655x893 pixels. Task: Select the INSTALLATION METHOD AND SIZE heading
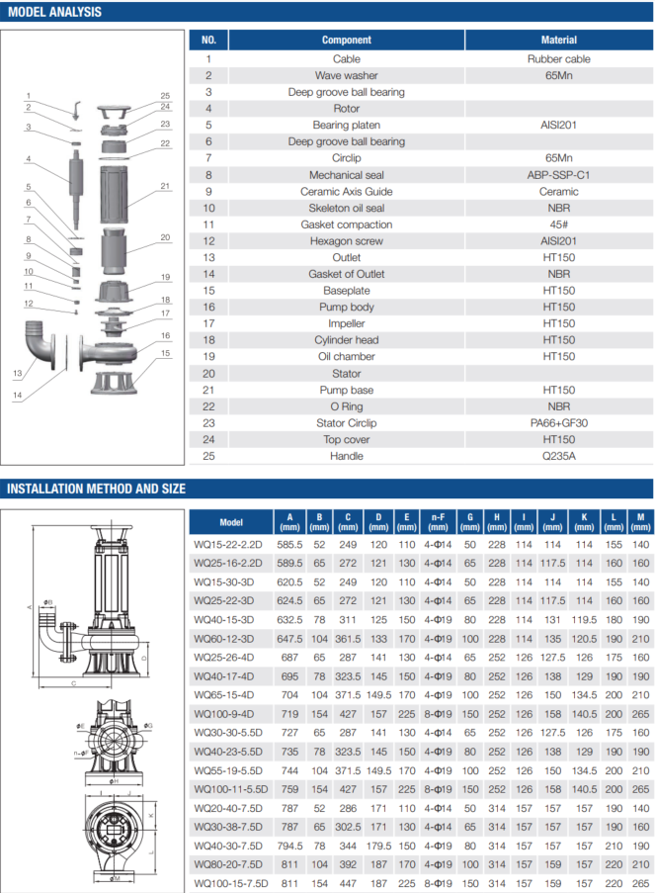pyautogui.click(x=96, y=489)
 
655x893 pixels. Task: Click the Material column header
pyautogui.click(x=558, y=41)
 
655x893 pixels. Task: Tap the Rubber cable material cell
pyautogui.click(x=558, y=59)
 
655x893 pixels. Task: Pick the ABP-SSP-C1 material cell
pyautogui.click(x=558, y=175)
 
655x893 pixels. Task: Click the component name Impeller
pyautogui.click(x=346, y=323)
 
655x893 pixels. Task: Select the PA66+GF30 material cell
pyautogui.click(x=558, y=423)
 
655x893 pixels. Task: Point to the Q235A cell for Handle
pyautogui.click(x=558, y=456)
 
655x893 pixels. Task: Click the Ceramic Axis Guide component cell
pyautogui.click(x=346, y=192)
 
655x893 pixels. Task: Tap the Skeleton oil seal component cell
pyautogui.click(x=346, y=209)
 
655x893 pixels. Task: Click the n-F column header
pyautogui.click(x=437, y=521)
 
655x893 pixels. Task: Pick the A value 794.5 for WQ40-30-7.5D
pyautogui.click(x=289, y=846)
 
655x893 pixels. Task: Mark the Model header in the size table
pyautogui.click(x=231, y=522)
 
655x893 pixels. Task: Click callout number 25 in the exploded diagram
pyautogui.click(x=166, y=95)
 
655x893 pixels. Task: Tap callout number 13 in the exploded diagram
pyautogui.click(x=17, y=373)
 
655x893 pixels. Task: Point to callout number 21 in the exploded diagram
pyautogui.click(x=166, y=186)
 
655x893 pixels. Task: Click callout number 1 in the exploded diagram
pyautogui.click(x=29, y=95)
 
